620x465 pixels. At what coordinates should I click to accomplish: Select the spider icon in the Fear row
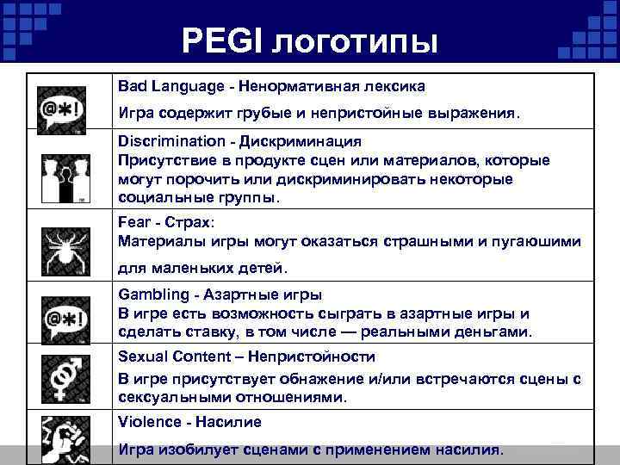tap(63, 245)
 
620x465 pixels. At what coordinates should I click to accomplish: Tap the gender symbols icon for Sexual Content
tap(63, 375)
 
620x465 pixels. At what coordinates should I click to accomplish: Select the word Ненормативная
tap(299, 86)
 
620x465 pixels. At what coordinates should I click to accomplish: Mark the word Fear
tap(133, 220)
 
